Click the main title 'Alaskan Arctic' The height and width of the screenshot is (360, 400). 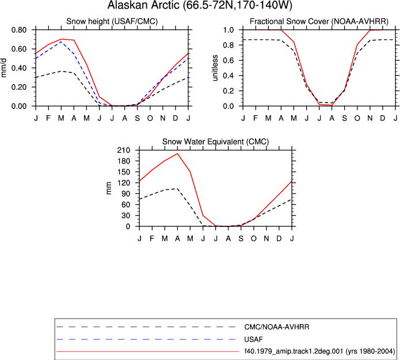coord(144,5)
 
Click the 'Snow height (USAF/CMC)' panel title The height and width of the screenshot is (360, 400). coord(112,21)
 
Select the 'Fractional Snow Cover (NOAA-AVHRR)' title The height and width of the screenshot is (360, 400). coord(319,21)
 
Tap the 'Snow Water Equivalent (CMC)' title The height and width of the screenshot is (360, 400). coord(216,142)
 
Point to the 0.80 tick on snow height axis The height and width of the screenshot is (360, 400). coord(19,30)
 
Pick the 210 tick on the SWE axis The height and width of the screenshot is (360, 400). coord(124,150)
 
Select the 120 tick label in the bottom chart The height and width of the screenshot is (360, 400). coord(124,183)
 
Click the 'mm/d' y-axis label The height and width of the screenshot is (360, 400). coord(3,67)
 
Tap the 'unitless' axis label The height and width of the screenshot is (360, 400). coord(215,68)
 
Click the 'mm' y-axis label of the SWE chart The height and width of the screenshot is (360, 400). coord(109,188)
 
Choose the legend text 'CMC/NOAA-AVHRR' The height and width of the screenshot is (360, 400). coord(277,327)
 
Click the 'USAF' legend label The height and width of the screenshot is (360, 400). coord(254,339)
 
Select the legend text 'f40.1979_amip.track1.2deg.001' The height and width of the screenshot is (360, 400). coord(294,351)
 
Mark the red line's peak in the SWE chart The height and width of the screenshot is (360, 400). coord(177,154)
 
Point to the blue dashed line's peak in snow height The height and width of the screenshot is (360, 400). coord(61,41)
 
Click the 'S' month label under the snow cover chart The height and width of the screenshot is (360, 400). coord(344,118)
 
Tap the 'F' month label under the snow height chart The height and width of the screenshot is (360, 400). coord(48,118)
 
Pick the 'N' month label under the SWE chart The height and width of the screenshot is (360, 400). coord(266,238)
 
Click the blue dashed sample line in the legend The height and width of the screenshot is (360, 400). coord(146,339)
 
